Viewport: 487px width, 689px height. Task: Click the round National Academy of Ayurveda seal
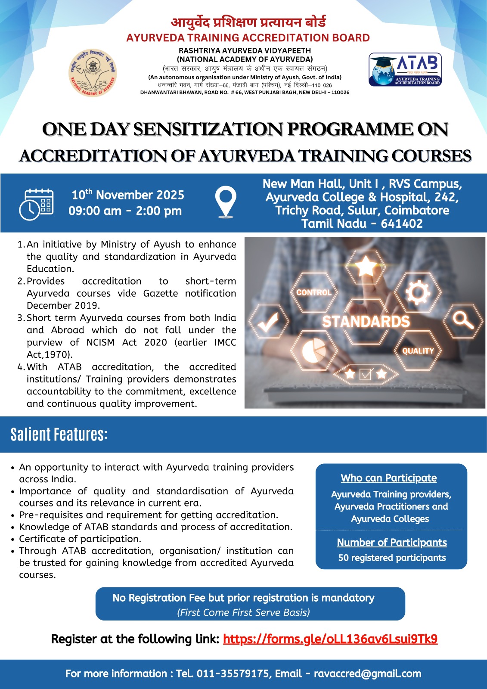[x=93, y=72]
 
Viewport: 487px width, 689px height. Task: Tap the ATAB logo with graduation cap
[x=405, y=69]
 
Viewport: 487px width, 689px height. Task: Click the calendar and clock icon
[x=37, y=205]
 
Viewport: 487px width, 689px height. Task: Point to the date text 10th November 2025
[x=128, y=195]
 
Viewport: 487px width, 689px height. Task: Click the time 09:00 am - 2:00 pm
[x=125, y=211]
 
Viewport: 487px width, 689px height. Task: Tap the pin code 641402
[x=401, y=223]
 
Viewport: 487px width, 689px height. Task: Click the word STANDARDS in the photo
[x=366, y=321]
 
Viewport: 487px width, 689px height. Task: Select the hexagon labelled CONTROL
[x=314, y=292]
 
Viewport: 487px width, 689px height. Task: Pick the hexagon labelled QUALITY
[x=418, y=351]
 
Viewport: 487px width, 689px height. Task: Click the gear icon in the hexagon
[x=418, y=292]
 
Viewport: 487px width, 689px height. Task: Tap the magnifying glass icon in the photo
[x=463, y=320]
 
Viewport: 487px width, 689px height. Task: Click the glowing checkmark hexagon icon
[x=268, y=321]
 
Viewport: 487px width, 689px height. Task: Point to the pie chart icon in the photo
[x=314, y=351]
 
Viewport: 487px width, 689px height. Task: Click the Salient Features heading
[x=59, y=435]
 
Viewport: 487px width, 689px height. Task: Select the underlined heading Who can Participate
[x=389, y=478]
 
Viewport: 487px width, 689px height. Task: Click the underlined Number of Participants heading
[x=391, y=542]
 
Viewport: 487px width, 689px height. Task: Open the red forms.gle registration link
[x=330, y=639]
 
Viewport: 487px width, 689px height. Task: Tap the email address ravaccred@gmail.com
[x=367, y=673]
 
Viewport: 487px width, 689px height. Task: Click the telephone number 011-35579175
[x=233, y=673]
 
